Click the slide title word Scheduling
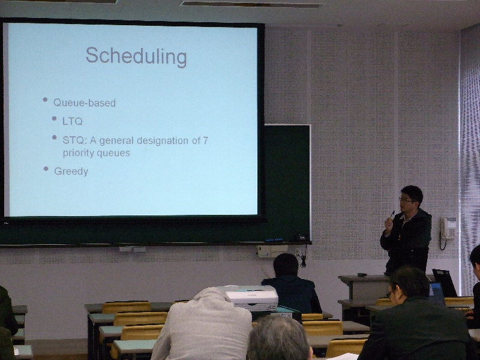(x=136, y=56)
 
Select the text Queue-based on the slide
(x=85, y=103)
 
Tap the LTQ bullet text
(x=73, y=122)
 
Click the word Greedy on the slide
(x=71, y=172)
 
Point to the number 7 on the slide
(x=205, y=140)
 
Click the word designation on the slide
(x=163, y=140)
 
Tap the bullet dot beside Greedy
(x=46, y=169)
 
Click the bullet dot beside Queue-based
(x=46, y=100)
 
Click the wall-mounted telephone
(x=448, y=228)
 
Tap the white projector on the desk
(x=250, y=297)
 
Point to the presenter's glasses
(x=406, y=200)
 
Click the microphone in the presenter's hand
(x=392, y=214)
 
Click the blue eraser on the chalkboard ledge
(x=274, y=239)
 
